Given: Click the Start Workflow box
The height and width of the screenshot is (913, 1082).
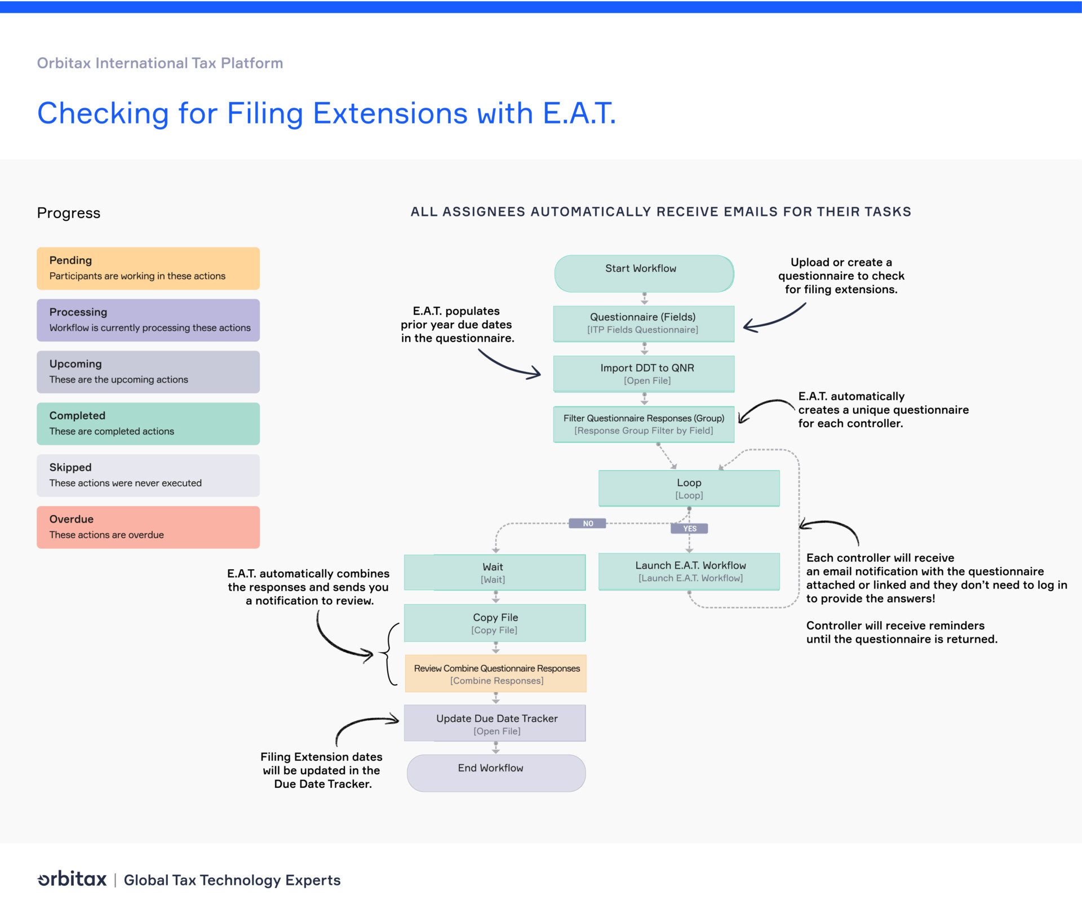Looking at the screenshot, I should pyautogui.click(x=644, y=273).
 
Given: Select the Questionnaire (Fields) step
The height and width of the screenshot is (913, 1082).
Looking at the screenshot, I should pyautogui.click(x=644, y=323).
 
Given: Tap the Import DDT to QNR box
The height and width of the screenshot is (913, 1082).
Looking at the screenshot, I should pyautogui.click(x=644, y=374).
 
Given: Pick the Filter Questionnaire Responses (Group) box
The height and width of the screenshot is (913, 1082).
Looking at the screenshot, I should pyautogui.click(x=644, y=424).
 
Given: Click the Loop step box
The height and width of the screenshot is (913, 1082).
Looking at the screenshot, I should pyautogui.click(x=689, y=489).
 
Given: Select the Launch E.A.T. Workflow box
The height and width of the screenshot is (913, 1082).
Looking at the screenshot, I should pyautogui.click(x=689, y=571).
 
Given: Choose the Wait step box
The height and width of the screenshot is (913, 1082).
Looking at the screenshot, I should pyautogui.click(x=494, y=573).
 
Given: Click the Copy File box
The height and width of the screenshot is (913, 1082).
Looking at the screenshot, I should pyautogui.click(x=494, y=623).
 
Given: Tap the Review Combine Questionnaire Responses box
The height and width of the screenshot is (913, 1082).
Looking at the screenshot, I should pyautogui.click(x=495, y=673).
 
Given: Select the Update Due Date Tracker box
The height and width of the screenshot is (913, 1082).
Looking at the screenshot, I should pyautogui.click(x=494, y=724).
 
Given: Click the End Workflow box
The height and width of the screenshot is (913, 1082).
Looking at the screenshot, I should pyautogui.click(x=495, y=773).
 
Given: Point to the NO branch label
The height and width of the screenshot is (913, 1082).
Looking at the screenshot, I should pyautogui.click(x=587, y=524).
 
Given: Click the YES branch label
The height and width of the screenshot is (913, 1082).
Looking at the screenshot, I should pyautogui.click(x=689, y=529).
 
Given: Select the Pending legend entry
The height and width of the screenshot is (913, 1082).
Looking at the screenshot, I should pyautogui.click(x=148, y=268).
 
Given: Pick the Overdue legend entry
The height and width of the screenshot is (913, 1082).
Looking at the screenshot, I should pyautogui.click(x=148, y=527).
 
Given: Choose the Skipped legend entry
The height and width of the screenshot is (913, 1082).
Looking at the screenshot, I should pyautogui.click(x=148, y=475).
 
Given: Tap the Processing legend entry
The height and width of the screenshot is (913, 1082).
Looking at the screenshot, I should pyautogui.click(x=148, y=320).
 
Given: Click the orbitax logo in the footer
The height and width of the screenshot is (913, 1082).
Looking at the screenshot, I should pyautogui.click(x=72, y=879).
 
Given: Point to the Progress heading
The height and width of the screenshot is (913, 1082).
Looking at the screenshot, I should pyautogui.click(x=69, y=213).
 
